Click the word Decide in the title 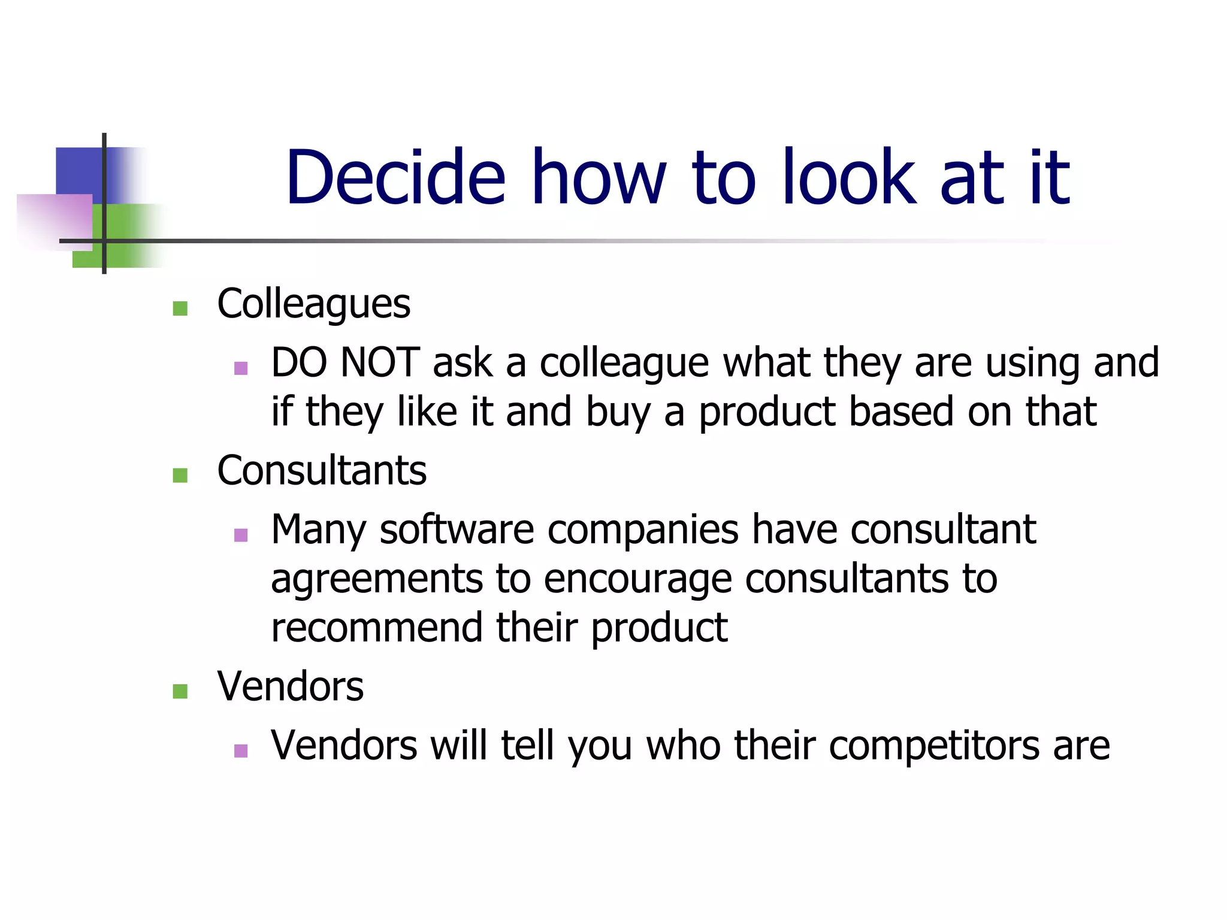click(x=395, y=177)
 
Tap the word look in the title click(x=849, y=177)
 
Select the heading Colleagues click(x=313, y=304)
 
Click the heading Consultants click(x=322, y=470)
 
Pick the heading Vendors click(x=290, y=686)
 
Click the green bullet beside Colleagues click(x=180, y=308)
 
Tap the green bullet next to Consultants click(x=180, y=475)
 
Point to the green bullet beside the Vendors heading click(x=180, y=691)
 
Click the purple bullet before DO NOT click(x=241, y=368)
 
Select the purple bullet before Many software click(x=241, y=535)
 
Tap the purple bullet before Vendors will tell click(x=241, y=750)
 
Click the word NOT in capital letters click(x=380, y=362)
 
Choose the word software click(x=457, y=529)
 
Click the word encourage click(x=637, y=580)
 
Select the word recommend click(x=376, y=628)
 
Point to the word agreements click(x=376, y=580)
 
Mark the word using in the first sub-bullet click(x=1032, y=364)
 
